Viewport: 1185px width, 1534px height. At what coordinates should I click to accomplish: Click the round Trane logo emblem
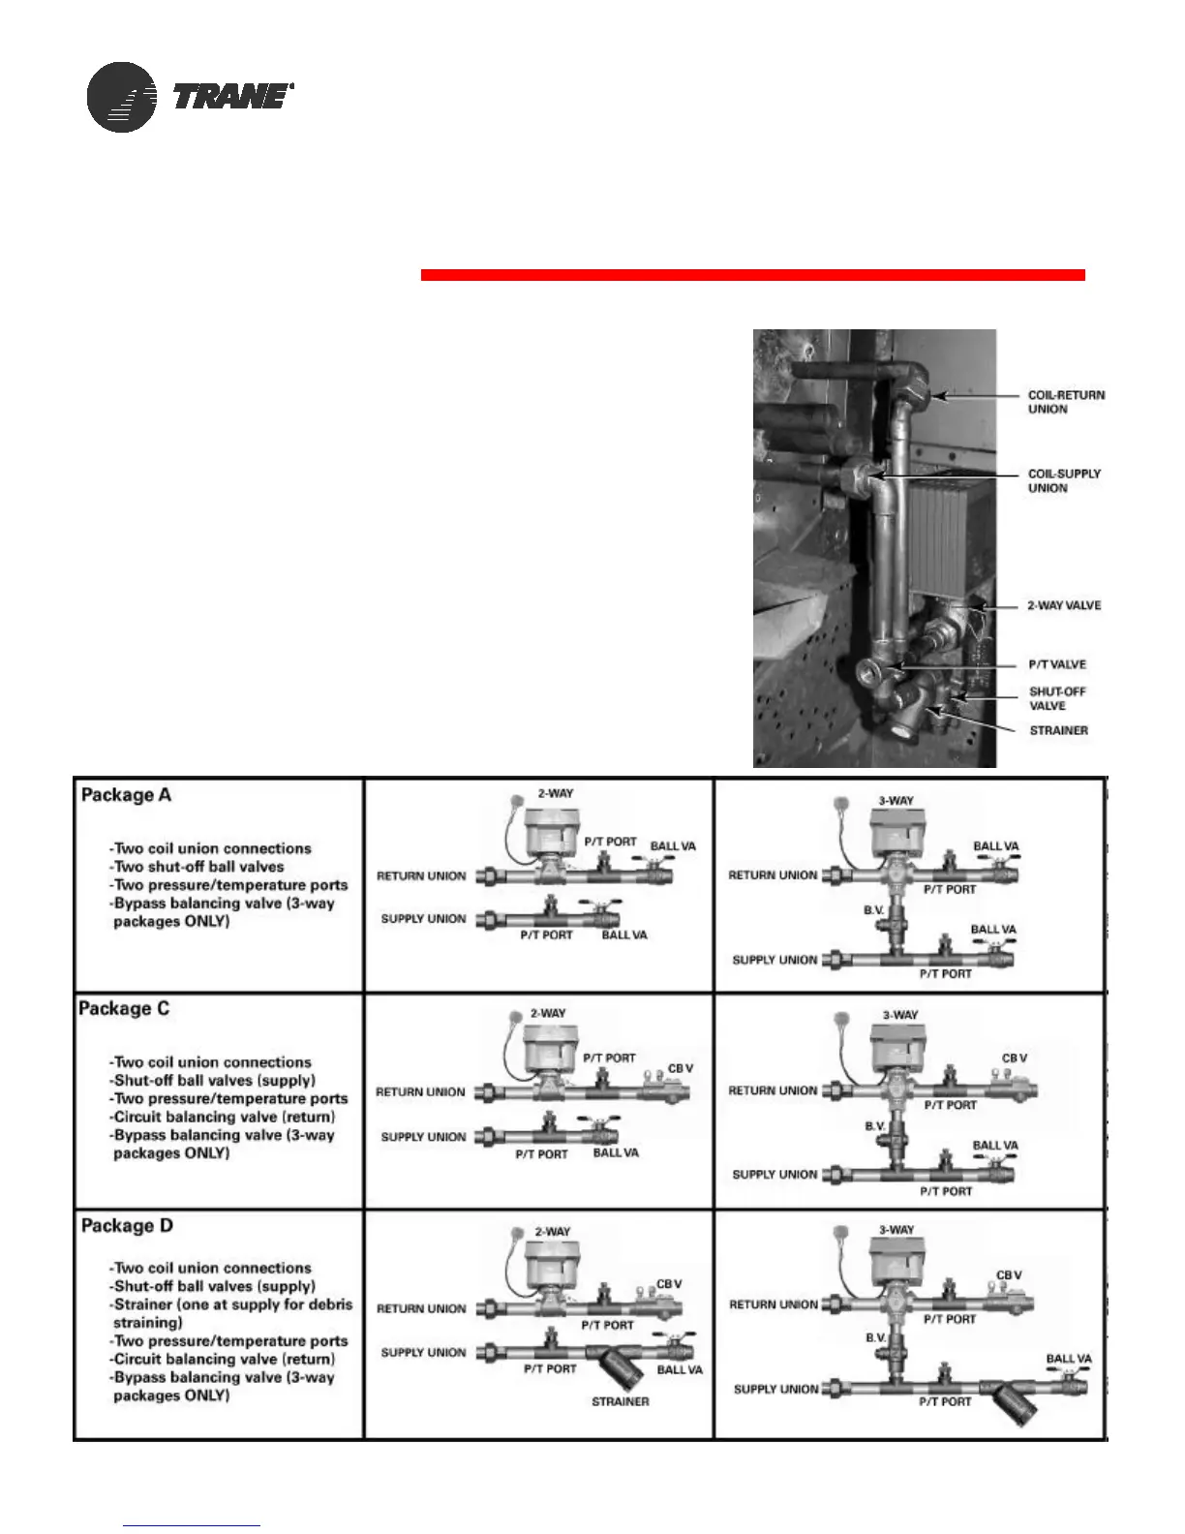tap(121, 97)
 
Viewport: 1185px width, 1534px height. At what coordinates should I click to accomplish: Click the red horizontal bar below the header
tap(752, 275)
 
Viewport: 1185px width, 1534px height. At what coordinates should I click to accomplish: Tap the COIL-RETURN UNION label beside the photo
tap(1065, 402)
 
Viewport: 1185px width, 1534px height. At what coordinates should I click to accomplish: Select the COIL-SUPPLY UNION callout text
tap(1064, 480)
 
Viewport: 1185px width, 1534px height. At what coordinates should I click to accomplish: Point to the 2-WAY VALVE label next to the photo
tap(1063, 605)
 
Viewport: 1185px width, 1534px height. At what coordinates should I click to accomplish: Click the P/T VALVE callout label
tap(1056, 664)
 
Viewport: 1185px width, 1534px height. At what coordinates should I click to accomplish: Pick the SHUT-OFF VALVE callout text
tap(1056, 698)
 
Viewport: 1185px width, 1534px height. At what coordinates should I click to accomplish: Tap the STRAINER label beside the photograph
tap(1058, 730)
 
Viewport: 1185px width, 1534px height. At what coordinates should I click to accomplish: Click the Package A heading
tap(126, 795)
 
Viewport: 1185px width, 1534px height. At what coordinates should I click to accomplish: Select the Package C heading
tap(124, 1008)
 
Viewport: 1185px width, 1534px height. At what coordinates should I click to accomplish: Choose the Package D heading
tap(127, 1225)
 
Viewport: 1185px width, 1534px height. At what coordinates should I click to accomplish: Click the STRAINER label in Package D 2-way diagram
tap(620, 1401)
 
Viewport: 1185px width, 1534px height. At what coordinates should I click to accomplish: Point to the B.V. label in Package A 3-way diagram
tap(874, 910)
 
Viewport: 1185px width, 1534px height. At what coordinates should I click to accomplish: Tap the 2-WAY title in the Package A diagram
tap(555, 793)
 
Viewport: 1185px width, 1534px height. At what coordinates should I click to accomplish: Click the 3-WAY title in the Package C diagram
tap(899, 1015)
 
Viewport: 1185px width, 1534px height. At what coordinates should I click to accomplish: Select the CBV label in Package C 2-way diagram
tap(680, 1068)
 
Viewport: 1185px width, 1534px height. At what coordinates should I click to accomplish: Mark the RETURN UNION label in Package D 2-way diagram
tap(420, 1308)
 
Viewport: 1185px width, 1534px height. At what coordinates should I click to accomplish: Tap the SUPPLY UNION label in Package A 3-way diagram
tap(775, 960)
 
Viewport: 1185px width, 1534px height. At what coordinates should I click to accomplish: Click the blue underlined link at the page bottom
tap(192, 1525)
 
